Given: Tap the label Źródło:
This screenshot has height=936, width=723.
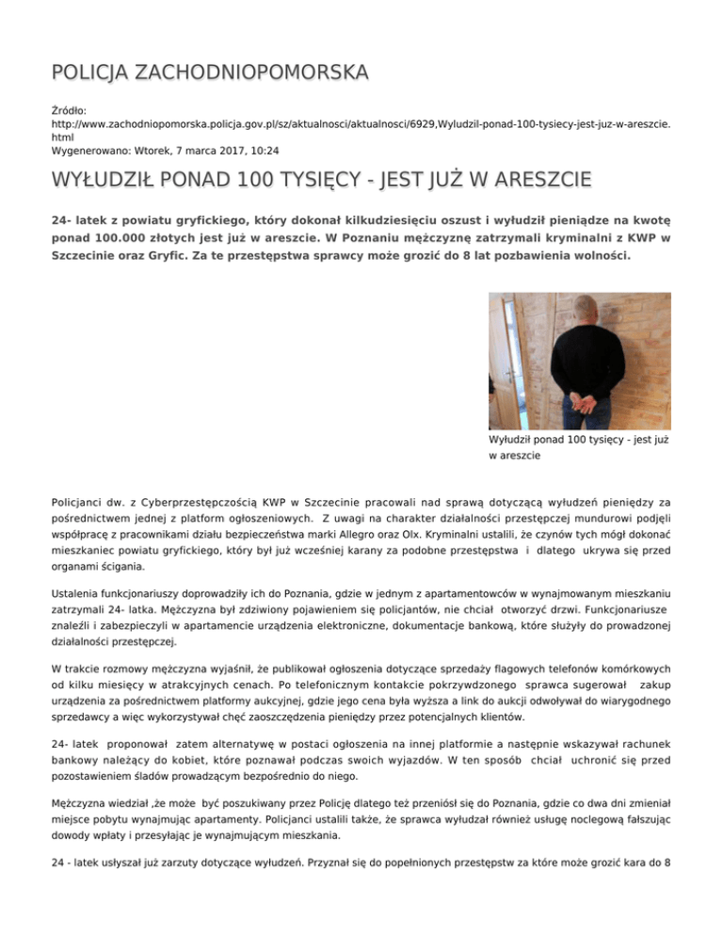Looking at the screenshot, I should [x=72, y=110].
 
